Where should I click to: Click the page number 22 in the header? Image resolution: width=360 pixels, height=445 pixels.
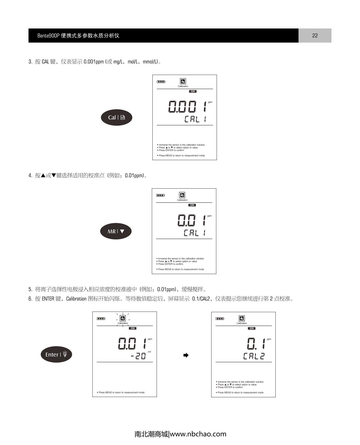315,35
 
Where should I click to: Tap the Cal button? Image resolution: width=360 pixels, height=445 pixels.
116,118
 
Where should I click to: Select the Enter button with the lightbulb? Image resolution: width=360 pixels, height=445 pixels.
56,354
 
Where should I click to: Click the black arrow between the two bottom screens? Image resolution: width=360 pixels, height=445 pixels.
186,355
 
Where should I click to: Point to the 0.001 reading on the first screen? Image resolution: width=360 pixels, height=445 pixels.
187,106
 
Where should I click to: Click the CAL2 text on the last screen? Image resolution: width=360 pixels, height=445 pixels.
254,356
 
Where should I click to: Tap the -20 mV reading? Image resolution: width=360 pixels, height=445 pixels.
138,356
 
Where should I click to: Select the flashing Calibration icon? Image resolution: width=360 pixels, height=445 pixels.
123,318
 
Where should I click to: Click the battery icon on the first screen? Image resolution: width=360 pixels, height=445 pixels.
161,82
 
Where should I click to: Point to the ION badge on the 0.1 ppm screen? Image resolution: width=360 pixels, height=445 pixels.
252,328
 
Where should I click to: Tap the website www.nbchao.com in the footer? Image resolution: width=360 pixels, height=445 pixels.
198,434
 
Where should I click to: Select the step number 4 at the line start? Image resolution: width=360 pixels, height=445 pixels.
30,175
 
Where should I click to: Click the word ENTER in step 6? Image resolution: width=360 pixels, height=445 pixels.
48,299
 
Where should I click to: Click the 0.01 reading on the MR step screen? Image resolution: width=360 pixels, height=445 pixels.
192,220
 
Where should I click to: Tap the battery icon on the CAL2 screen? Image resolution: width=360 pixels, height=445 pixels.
220,318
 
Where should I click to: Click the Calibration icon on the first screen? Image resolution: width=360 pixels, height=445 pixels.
183,81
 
